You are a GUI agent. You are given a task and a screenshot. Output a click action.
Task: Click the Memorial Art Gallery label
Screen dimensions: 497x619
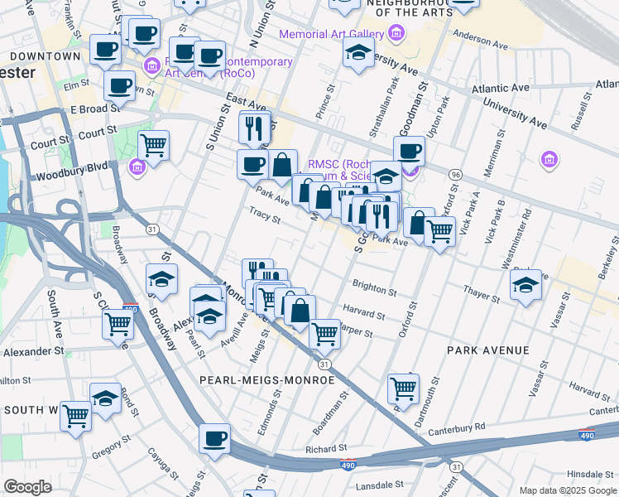point(331,34)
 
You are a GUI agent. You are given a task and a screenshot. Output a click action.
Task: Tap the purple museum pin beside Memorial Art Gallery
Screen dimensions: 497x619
point(396,34)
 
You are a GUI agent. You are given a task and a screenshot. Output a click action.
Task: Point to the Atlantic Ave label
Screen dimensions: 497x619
point(500,88)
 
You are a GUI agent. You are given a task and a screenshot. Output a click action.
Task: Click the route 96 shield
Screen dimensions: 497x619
point(454,175)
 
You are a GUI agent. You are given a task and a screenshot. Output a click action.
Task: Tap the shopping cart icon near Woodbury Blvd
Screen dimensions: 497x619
point(153,146)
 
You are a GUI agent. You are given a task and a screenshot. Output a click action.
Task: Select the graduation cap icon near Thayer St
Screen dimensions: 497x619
point(525,285)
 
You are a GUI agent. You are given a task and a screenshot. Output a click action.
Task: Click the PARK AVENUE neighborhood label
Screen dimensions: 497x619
point(487,350)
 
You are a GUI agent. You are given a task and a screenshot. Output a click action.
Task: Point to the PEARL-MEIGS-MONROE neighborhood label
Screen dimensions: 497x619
point(266,379)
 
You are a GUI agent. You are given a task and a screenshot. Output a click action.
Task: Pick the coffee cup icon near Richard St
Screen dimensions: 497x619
point(215,438)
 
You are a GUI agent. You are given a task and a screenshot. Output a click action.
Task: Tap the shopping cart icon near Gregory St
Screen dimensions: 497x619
point(76,414)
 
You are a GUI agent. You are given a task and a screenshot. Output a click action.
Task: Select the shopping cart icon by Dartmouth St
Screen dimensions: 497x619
point(403,387)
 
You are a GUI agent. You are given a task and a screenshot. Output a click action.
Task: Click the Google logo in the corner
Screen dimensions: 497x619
point(27,487)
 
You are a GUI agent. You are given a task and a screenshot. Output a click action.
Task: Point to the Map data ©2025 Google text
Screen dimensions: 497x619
point(567,490)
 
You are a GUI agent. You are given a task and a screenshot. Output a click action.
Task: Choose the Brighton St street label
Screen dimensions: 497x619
point(374,288)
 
